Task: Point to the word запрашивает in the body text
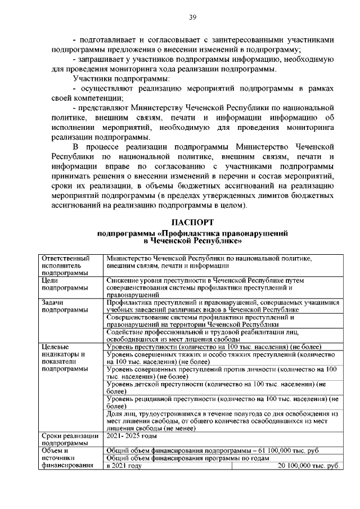pyautogui.click(x=106, y=60)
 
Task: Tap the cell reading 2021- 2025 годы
pyautogui.click(x=132, y=436)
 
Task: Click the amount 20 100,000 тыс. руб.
pyautogui.click(x=310, y=466)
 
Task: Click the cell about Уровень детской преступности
pyautogui.click(x=222, y=388)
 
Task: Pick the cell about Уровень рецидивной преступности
pyautogui.click(x=222, y=402)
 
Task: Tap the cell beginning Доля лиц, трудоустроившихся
pyautogui.click(x=222, y=421)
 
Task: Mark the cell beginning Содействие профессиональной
pyautogui.click(x=222, y=335)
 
